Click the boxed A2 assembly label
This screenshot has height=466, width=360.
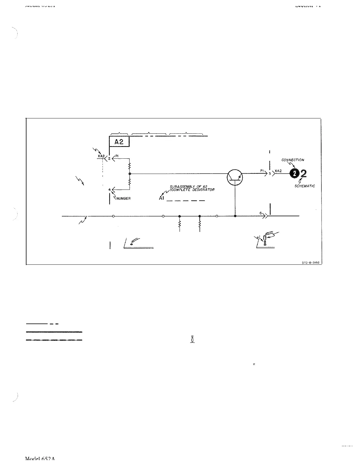click(119, 142)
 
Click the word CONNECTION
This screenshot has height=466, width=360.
click(293, 160)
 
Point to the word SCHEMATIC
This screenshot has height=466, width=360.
click(304, 186)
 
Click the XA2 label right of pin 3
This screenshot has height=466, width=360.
click(278, 171)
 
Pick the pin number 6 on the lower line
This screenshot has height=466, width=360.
click(261, 213)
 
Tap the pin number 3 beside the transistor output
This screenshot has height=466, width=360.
click(270, 174)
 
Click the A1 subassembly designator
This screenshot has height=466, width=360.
click(161, 198)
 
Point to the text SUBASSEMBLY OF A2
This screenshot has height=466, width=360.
click(189, 187)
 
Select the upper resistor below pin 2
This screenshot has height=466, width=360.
click(130, 166)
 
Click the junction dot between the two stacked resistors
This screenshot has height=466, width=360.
click(130, 174)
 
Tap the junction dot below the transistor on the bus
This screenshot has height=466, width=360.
click(235, 216)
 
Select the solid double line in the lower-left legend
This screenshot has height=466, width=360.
click(54, 332)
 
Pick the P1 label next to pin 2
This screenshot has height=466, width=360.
click(117, 156)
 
